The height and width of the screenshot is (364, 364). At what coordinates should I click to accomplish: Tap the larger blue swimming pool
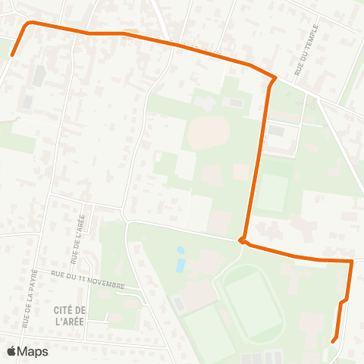point(180,265)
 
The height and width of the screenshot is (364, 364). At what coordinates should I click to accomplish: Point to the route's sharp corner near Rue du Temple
point(273,78)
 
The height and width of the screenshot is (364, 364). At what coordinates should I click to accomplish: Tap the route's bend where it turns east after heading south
point(243,241)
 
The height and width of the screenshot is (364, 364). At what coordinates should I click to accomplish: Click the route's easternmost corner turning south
point(352,262)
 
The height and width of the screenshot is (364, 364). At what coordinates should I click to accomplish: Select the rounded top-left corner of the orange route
point(29,24)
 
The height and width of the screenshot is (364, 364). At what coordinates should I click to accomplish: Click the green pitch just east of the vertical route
point(272,193)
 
